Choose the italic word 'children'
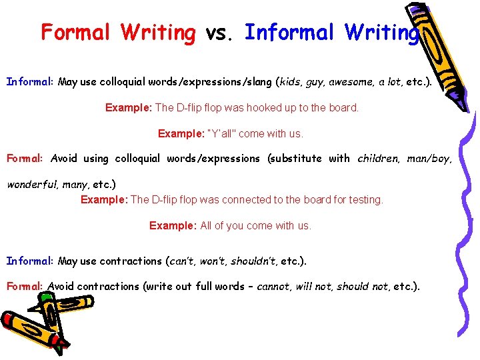point(379,159)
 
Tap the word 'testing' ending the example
point(366,199)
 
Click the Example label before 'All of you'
point(173,226)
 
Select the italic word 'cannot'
point(273,287)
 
